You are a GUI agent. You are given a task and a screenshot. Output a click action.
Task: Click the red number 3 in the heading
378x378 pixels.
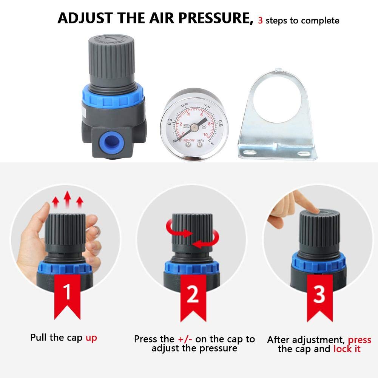tap(260, 20)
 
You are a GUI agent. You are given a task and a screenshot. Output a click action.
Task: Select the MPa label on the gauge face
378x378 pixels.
tap(201, 140)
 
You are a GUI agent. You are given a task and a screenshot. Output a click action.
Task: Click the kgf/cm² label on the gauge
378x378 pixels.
tap(189, 140)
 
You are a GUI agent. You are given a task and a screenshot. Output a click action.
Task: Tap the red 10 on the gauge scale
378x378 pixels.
tap(205, 134)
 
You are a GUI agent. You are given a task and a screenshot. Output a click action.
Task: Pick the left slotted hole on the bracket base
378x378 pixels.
tap(250, 152)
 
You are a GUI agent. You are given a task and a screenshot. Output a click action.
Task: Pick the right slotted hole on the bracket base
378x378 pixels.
tap(304, 154)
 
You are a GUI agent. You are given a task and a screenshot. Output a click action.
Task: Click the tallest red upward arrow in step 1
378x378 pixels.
tap(68, 199)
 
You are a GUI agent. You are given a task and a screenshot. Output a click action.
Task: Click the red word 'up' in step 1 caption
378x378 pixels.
tap(91, 338)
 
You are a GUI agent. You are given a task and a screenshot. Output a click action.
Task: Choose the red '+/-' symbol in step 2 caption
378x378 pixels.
tap(185, 339)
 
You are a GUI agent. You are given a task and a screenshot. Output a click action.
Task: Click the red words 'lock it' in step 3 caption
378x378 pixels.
tap(347, 349)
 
